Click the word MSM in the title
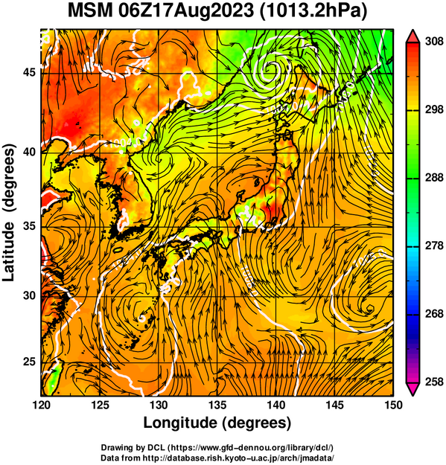pos(90,11)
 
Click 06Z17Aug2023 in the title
pos(186,11)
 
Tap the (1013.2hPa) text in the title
pos(314,12)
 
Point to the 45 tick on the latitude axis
pos(29,72)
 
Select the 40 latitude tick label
pos(29,153)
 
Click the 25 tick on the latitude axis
pos(29,362)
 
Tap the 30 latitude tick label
pos(29,295)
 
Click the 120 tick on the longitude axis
pos(41,405)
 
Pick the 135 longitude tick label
pos(217,405)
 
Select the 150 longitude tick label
pos(393,405)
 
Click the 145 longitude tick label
pos(335,405)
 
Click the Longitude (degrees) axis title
pos(217,423)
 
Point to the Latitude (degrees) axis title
pos(9,212)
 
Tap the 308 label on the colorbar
pos(434,42)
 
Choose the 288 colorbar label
pos(434,178)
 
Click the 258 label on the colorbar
pos(434,382)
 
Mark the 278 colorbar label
pos(434,246)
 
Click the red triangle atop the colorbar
pos(412,36)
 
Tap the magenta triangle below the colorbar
pos(412,389)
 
